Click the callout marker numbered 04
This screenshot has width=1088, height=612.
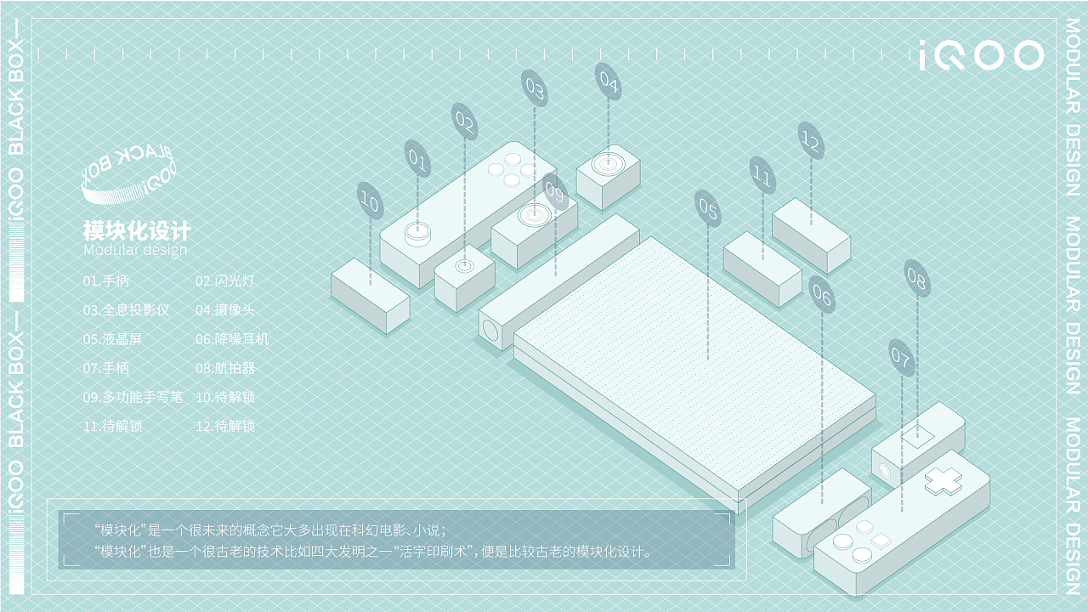609,82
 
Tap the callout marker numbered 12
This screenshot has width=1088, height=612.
811,141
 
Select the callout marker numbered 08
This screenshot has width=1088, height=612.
917,278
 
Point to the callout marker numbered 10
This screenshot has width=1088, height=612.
370,201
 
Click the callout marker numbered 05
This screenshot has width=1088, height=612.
708,207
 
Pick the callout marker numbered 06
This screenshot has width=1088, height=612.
822,295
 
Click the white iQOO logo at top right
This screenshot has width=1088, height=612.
981,56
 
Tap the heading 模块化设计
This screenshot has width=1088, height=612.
137,231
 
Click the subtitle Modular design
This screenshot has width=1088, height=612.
135,250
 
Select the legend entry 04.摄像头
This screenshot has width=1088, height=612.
224,310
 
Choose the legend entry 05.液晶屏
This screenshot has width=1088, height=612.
106,339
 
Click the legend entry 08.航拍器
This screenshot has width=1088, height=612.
224,368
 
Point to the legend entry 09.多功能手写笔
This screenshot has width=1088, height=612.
133,397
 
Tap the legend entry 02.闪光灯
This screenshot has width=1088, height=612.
224,280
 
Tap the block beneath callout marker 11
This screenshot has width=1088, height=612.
762,269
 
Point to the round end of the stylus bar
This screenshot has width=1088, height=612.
490,329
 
